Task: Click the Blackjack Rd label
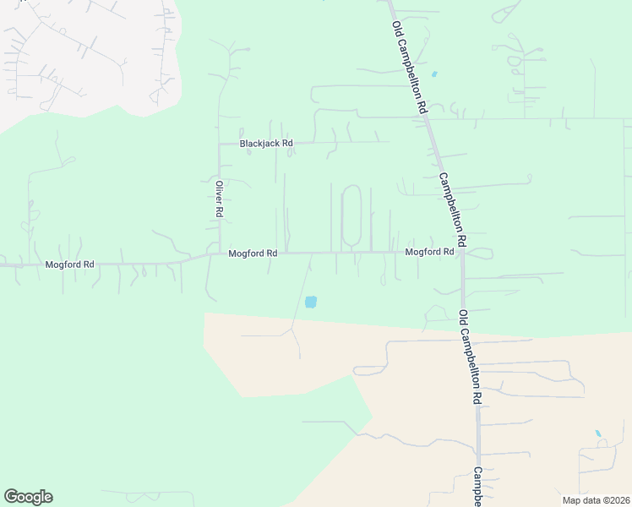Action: pos(265,144)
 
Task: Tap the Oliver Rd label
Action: pos(218,200)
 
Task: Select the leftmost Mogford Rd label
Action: pos(69,264)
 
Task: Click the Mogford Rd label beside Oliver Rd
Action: pos(253,253)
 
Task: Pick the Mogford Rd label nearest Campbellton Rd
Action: pos(429,252)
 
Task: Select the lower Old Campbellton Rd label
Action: pos(471,356)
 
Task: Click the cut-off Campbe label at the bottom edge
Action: pos(477,488)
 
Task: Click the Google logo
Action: pos(28,497)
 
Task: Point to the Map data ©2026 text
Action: pos(596,500)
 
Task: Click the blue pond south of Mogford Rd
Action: pos(310,302)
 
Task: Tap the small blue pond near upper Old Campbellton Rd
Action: pos(434,74)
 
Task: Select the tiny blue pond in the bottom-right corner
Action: pos(598,433)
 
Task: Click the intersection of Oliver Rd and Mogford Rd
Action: pos(220,252)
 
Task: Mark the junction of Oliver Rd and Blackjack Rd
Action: pos(220,144)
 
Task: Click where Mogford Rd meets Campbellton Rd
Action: pos(462,252)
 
